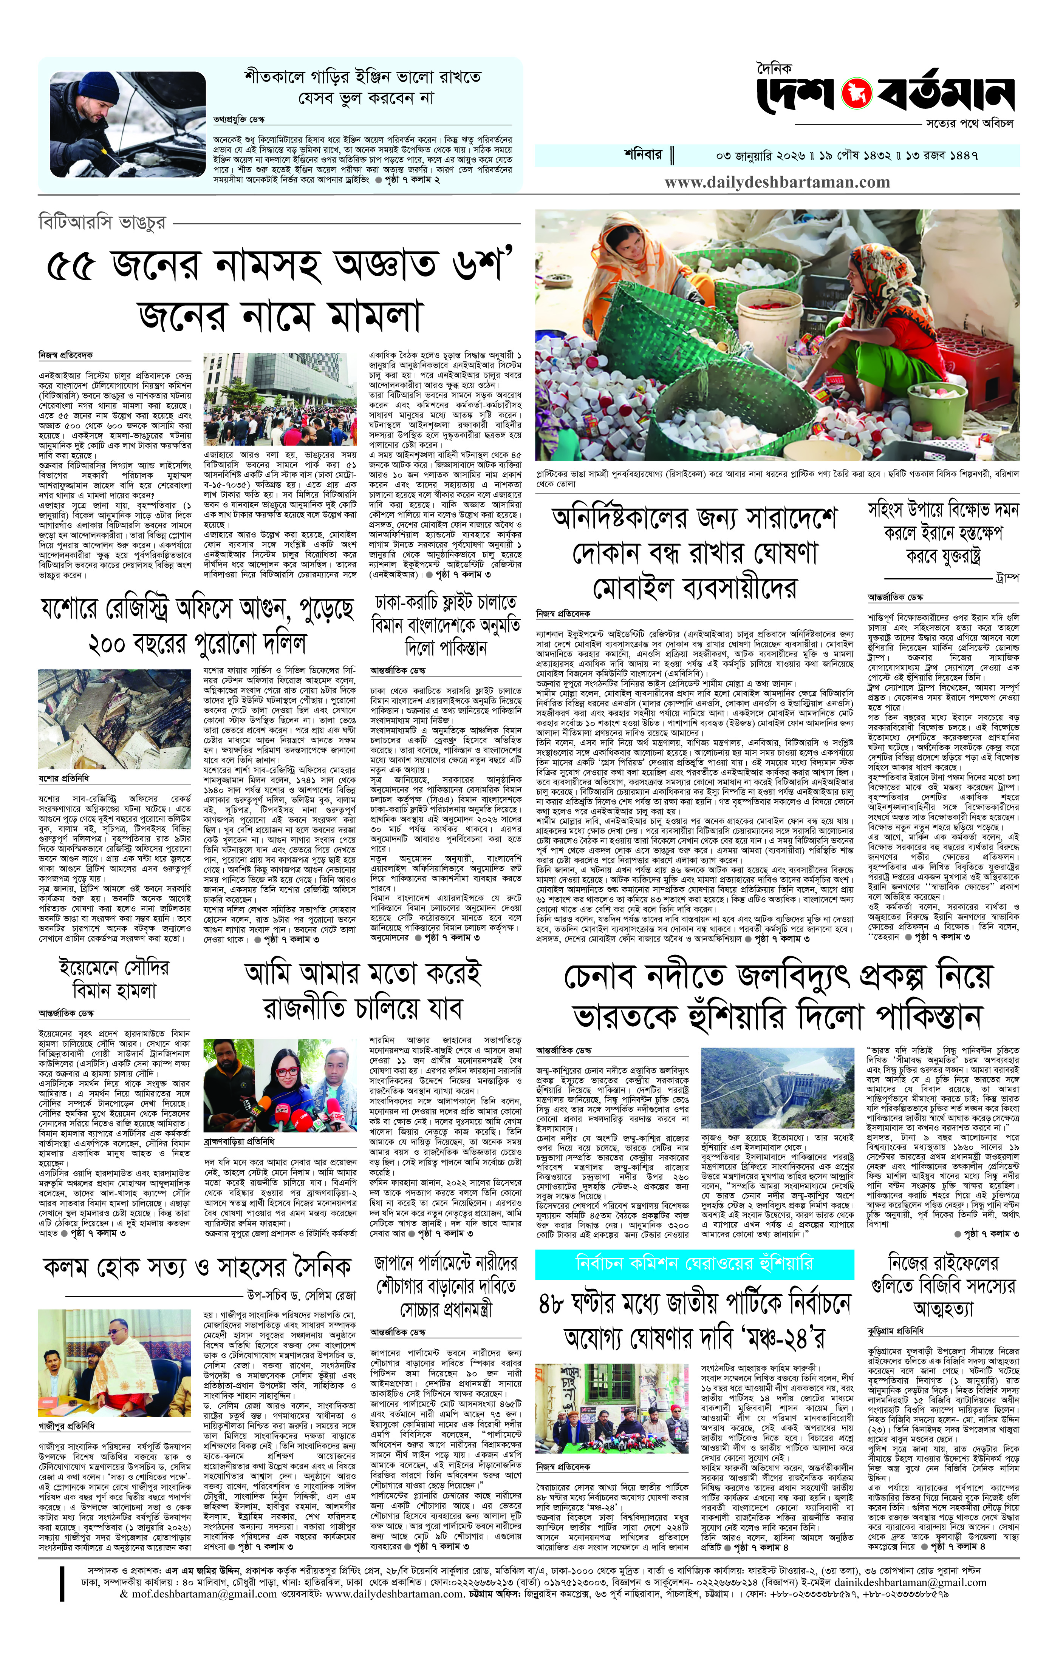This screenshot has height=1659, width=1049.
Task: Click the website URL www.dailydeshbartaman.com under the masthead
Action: [777, 182]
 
